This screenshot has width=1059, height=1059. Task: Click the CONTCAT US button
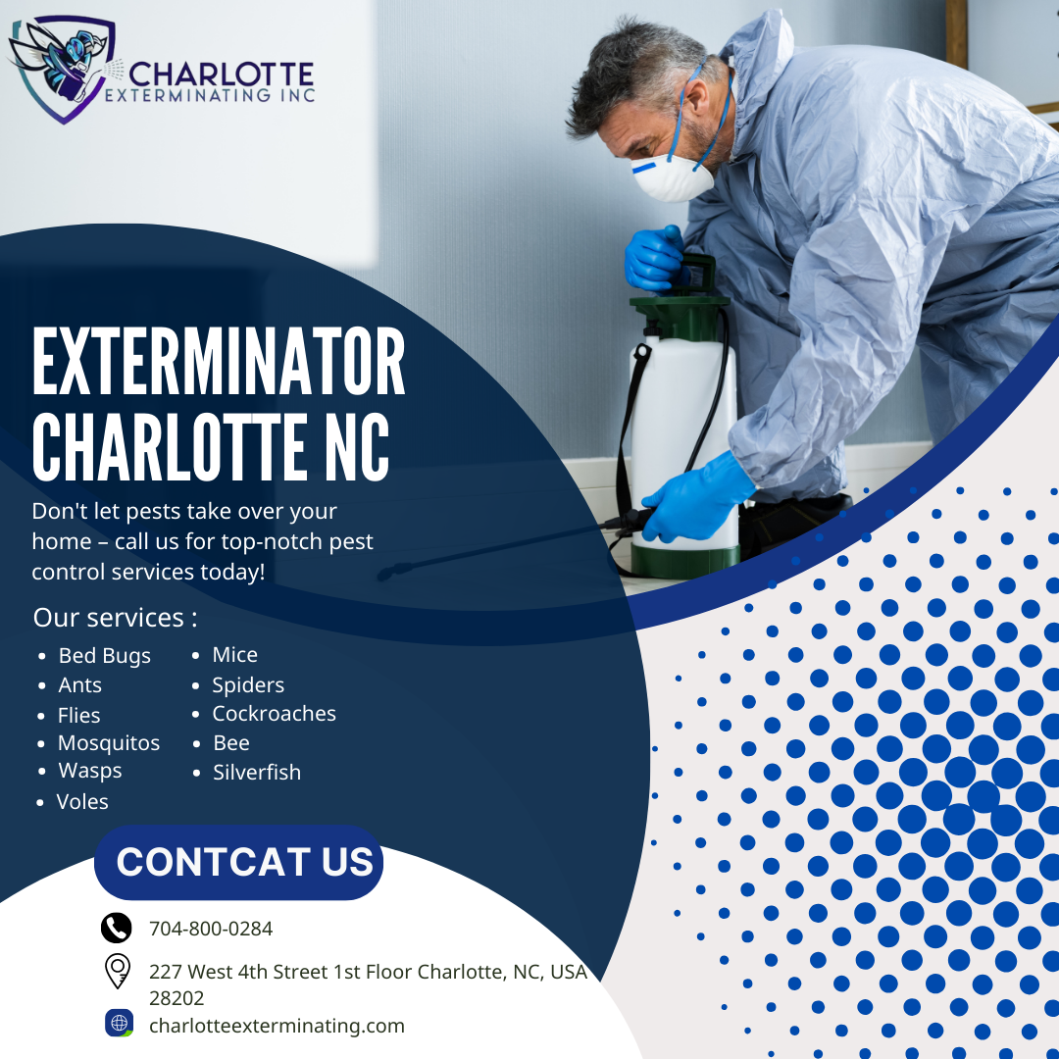[x=238, y=862]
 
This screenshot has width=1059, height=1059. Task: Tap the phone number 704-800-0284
[x=211, y=929]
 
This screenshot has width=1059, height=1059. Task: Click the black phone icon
[x=116, y=928]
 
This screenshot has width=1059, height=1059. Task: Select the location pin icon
[x=118, y=971]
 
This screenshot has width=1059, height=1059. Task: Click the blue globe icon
[x=119, y=1023]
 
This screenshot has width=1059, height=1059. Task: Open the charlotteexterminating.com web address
[x=277, y=1026]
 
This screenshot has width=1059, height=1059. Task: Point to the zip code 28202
[x=176, y=998]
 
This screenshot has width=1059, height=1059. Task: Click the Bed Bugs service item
[x=105, y=656]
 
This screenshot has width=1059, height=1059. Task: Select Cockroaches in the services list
[x=275, y=713]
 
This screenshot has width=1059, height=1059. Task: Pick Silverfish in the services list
[x=257, y=772]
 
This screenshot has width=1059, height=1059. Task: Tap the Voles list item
[x=82, y=802]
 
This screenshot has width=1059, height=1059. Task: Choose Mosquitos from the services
[x=109, y=743]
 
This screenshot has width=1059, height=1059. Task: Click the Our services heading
[x=116, y=618]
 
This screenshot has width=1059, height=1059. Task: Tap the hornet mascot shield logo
[x=62, y=68]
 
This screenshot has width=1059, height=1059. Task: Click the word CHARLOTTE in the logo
[x=222, y=74]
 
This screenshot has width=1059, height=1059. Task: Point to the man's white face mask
[x=672, y=177]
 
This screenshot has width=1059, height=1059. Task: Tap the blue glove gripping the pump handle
[x=654, y=259]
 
